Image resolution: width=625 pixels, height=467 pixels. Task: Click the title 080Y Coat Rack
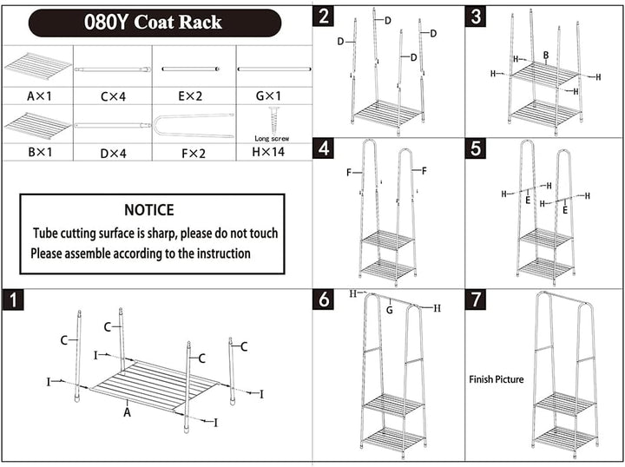(x=153, y=22)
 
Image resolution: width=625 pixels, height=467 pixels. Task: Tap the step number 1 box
(x=13, y=300)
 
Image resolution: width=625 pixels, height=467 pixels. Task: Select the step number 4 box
(x=323, y=148)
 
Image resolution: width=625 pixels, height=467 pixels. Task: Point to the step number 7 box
(x=476, y=299)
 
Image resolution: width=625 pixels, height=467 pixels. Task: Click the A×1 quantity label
(x=39, y=96)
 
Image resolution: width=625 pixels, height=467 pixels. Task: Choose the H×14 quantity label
(x=268, y=152)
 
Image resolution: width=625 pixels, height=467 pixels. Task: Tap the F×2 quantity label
(x=194, y=153)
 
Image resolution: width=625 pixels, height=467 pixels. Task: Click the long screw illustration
(x=273, y=121)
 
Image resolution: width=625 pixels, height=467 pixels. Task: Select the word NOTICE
(x=149, y=210)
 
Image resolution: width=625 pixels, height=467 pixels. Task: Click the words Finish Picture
(x=497, y=379)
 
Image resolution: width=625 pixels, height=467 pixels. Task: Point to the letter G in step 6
(x=390, y=310)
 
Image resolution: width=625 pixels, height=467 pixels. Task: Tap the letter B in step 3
(x=546, y=56)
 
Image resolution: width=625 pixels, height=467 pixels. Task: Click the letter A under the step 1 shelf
(x=127, y=412)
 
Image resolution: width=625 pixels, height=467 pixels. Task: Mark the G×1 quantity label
(x=268, y=96)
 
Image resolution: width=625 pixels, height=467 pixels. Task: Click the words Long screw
(x=272, y=139)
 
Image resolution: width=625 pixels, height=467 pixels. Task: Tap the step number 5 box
(x=476, y=148)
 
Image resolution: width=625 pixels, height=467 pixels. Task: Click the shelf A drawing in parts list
(x=38, y=65)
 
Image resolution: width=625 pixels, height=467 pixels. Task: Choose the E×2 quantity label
(x=190, y=96)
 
